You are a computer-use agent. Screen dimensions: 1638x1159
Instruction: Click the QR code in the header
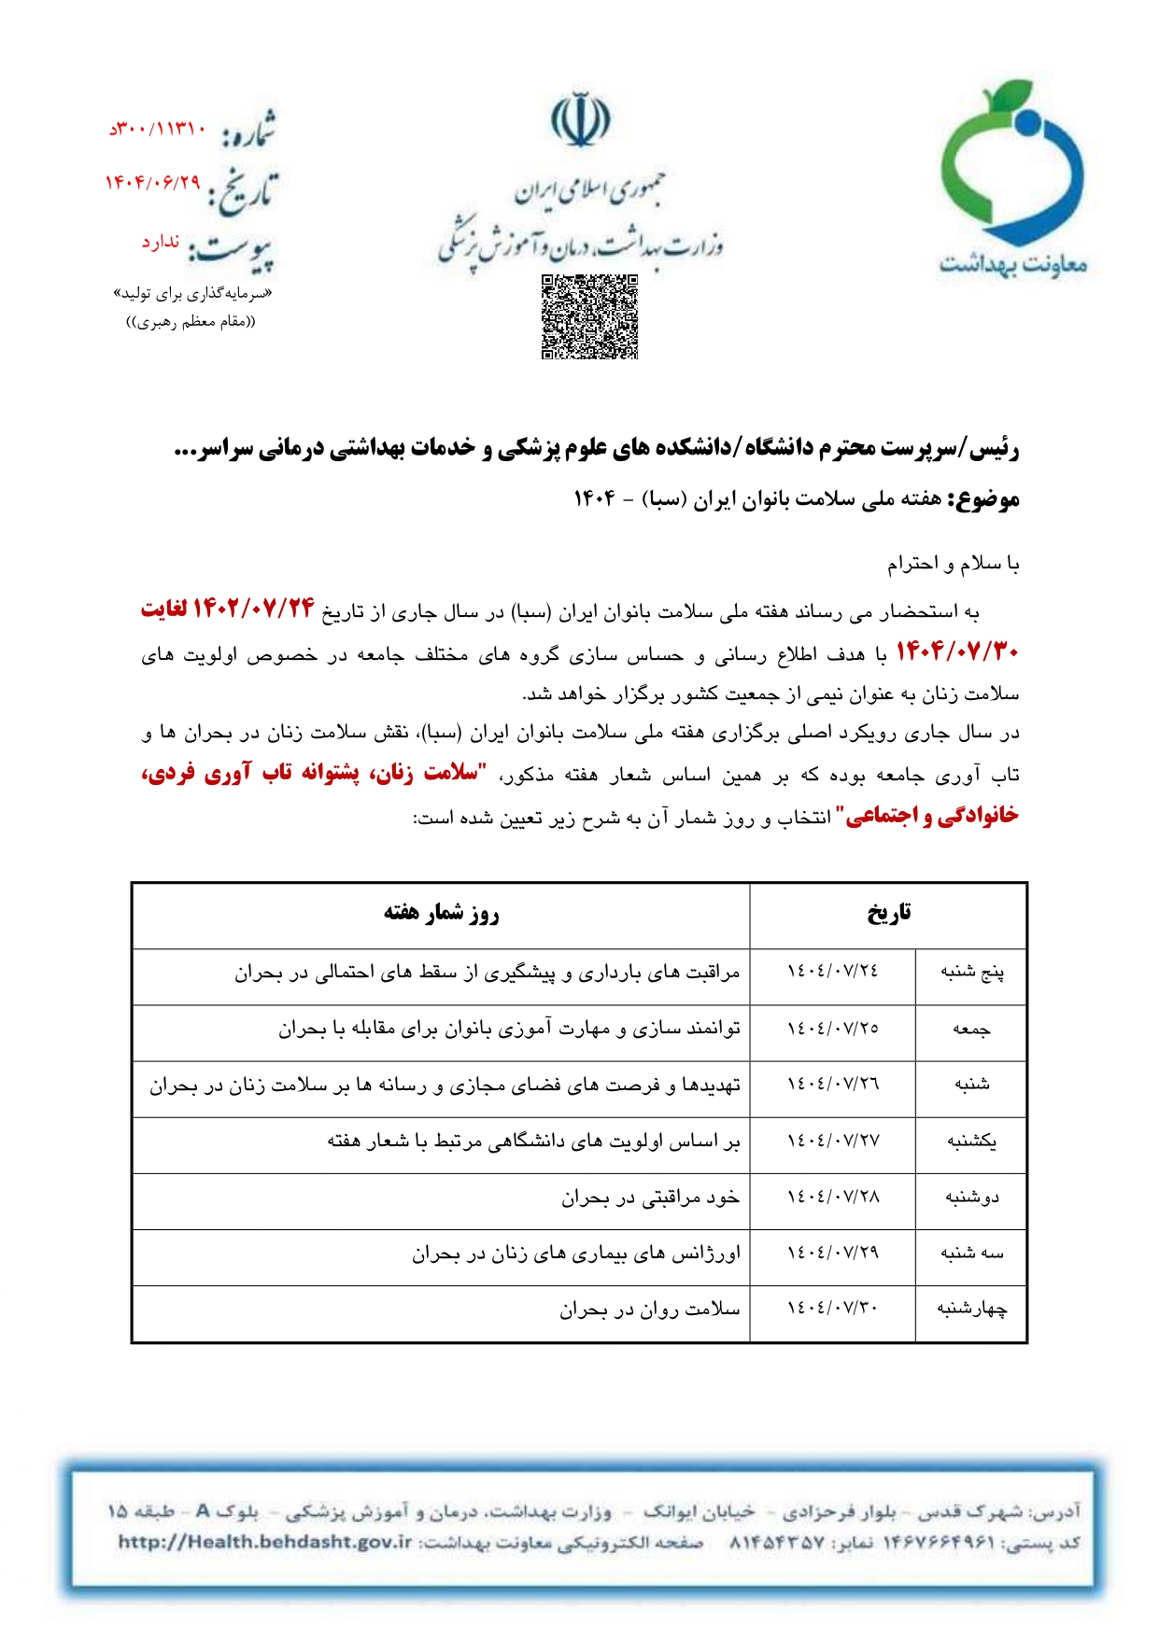(x=589, y=316)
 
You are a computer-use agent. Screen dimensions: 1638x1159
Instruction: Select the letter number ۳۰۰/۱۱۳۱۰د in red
(x=157, y=129)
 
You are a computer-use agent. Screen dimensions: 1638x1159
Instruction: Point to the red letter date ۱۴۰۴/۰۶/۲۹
(x=152, y=183)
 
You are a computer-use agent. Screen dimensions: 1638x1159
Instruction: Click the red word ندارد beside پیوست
(x=161, y=242)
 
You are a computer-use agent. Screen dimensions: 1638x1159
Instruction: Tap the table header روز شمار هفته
(x=441, y=914)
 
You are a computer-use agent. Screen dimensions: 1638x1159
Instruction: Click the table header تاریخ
(x=888, y=914)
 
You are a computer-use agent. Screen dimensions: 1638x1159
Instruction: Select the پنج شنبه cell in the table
(x=971, y=973)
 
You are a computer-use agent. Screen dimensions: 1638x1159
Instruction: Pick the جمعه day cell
(x=971, y=1029)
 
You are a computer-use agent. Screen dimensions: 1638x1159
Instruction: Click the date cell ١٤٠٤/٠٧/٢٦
(x=832, y=1085)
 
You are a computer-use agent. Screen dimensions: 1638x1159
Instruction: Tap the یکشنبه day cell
(x=971, y=1141)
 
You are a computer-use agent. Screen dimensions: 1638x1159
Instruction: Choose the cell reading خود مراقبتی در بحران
(x=650, y=1197)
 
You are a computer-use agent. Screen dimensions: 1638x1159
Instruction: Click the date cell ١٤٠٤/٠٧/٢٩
(x=832, y=1253)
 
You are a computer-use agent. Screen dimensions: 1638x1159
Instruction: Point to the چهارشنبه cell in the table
(x=971, y=1309)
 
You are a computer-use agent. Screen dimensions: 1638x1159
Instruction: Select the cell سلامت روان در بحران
(x=650, y=1310)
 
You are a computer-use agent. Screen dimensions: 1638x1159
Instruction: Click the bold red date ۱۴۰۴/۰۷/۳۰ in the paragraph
(x=956, y=651)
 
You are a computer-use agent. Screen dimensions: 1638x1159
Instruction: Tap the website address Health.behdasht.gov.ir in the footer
(x=264, y=1542)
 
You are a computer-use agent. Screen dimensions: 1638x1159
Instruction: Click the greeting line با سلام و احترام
(x=953, y=565)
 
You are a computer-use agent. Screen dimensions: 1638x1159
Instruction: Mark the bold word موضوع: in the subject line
(x=984, y=499)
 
